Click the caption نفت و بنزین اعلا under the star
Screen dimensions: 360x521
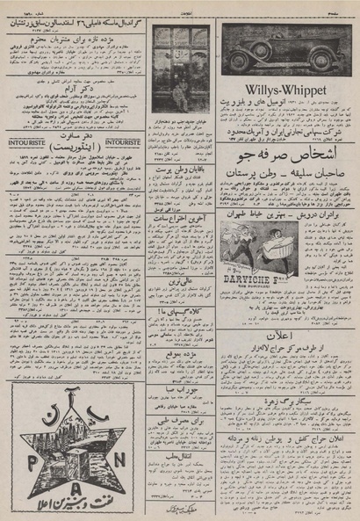click(88, 504)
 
